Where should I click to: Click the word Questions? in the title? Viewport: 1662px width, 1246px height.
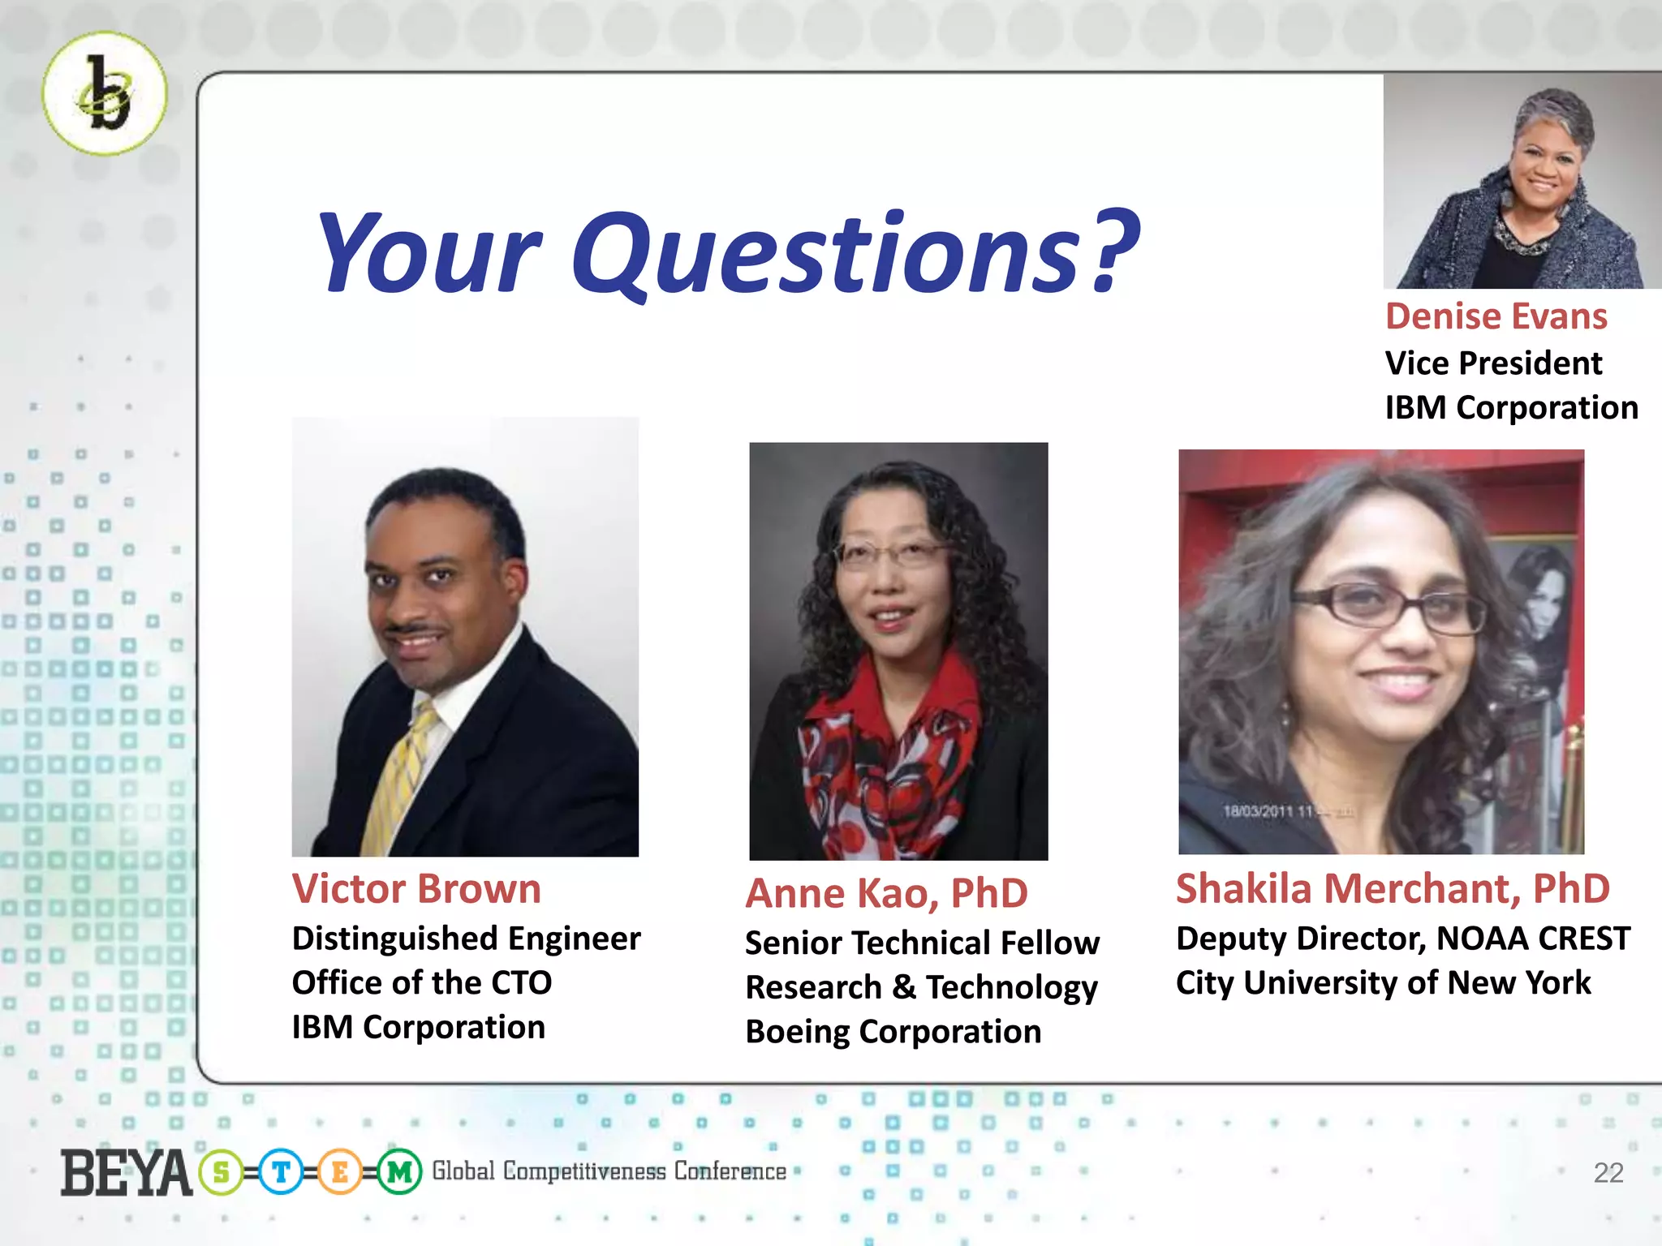[856, 253]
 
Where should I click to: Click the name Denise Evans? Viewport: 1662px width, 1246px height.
[1496, 316]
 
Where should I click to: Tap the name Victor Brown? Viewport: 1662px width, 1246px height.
[416, 889]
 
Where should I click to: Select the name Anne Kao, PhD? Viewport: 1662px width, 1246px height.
[886, 893]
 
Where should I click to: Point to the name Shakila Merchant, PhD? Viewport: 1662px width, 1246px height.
[1393, 888]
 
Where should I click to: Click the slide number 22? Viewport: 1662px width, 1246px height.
[1608, 1173]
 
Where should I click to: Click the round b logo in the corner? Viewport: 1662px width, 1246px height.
[105, 93]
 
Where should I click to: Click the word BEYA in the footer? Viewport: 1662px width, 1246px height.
[126, 1173]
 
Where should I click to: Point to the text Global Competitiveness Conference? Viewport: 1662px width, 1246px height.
[609, 1171]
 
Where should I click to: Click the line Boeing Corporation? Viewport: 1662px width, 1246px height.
[893, 1032]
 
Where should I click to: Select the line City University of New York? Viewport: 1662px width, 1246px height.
[1383, 983]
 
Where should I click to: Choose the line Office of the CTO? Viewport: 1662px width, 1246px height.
[422, 983]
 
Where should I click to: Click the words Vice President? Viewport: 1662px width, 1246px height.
[1493, 363]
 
